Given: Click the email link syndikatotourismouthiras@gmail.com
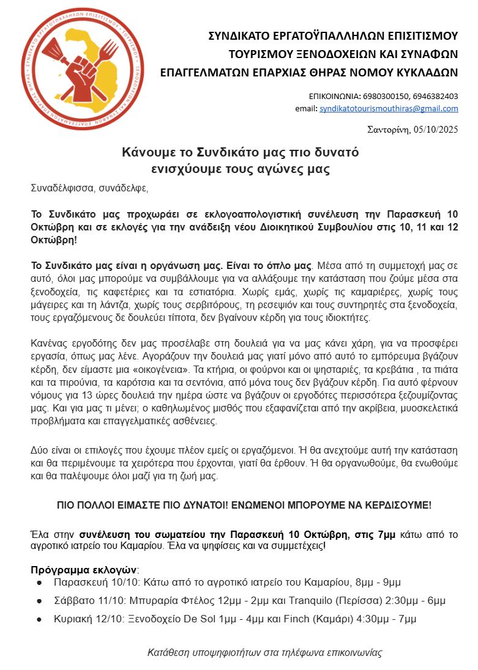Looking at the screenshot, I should point(389,109).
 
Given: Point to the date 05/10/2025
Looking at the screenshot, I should point(435,130).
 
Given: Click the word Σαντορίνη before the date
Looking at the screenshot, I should point(388,130).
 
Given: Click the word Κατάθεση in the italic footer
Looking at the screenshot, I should point(167,653).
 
